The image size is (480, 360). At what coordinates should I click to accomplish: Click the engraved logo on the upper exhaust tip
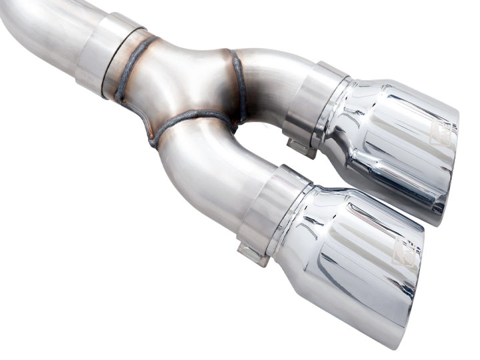[x=441, y=133]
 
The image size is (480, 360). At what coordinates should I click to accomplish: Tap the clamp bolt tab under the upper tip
[x=301, y=146]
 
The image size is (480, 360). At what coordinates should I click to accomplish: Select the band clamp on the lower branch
[x=270, y=210]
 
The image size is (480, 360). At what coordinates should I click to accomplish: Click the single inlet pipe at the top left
[x=40, y=30]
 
